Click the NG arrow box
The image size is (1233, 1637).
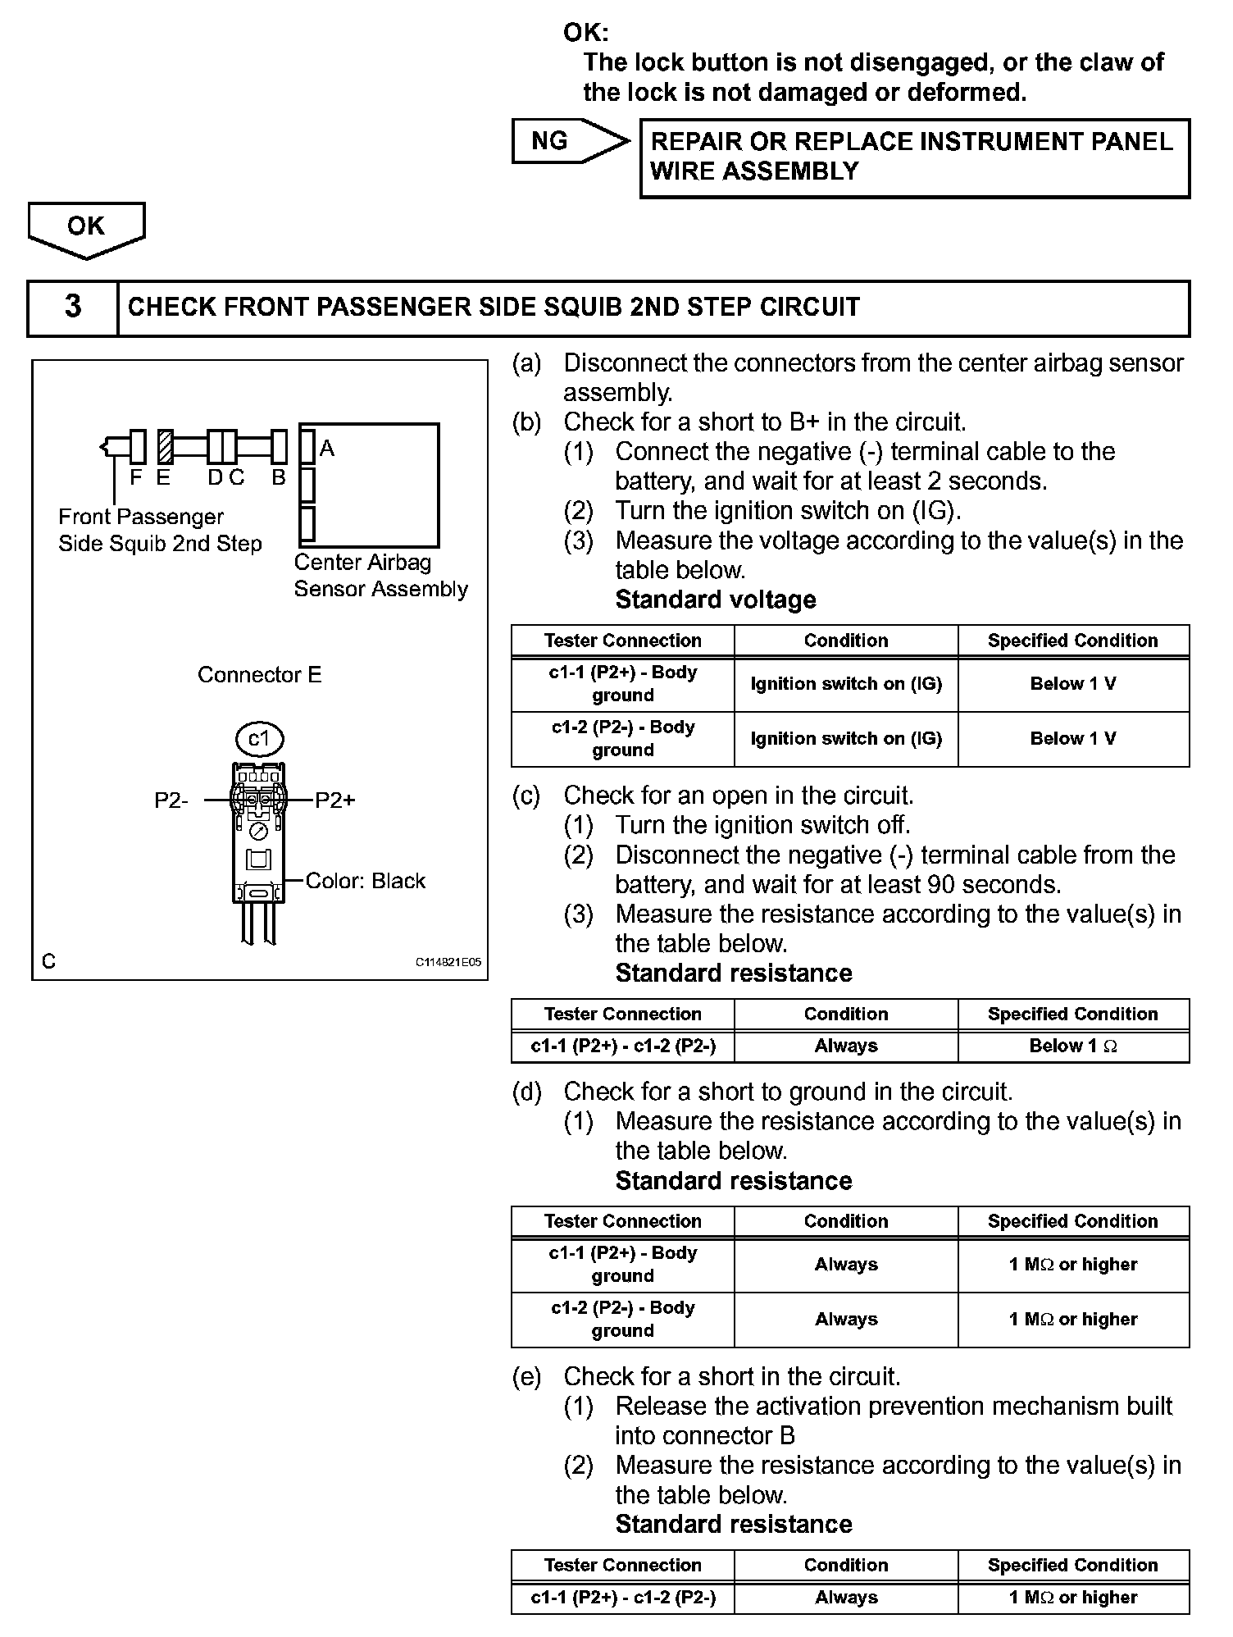tap(566, 141)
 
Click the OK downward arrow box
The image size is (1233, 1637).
tap(86, 227)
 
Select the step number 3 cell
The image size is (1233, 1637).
tap(73, 308)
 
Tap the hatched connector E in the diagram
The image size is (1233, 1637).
tap(165, 447)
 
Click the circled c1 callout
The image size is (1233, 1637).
tap(259, 739)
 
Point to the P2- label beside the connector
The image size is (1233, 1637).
tap(171, 800)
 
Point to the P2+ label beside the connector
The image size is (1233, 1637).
tap(335, 800)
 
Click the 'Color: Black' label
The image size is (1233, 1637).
tap(366, 881)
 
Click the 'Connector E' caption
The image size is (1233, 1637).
tap(260, 675)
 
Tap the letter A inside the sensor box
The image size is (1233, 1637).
tap(327, 449)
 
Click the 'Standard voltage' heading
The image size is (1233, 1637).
tap(716, 600)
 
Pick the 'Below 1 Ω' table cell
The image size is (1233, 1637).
tap(1073, 1046)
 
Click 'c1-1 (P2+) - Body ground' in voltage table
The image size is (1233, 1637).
tap(622, 684)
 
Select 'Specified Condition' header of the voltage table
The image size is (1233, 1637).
tap(1073, 641)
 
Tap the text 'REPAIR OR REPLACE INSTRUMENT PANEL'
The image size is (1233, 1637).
tap(912, 142)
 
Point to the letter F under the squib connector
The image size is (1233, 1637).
tap(136, 477)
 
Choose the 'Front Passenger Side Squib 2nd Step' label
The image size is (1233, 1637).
tap(160, 530)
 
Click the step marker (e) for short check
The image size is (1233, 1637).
tap(526, 1376)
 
